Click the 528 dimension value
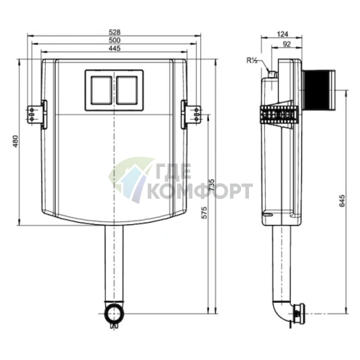point(115,32)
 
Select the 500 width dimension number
point(115,40)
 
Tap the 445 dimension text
point(115,49)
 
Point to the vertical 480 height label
point(15,142)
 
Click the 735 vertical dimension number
point(211,185)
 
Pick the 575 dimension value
point(205,213)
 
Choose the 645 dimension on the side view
point(342,201)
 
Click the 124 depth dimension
point(282,34)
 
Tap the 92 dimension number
point(287,44)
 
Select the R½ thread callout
point(252,60)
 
